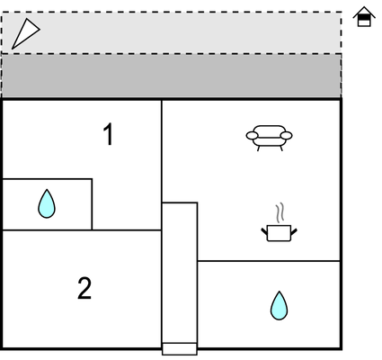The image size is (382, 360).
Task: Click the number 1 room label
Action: click(x=109, y=134)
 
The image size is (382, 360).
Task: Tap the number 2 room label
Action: click(x=84, y=288)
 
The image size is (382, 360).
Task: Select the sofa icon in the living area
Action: click(x=269, y=138)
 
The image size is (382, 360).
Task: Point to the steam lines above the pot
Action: click(x=280, y=213)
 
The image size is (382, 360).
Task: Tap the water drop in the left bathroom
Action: click(x=47, y=203)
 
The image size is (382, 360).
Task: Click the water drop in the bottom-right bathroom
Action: click(x=279, y=305)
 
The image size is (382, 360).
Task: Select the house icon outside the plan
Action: click(x=364, y=17)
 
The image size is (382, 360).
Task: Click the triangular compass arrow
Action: click(x=25, y=33)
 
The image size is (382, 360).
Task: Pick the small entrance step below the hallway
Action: click(x=180, y=348)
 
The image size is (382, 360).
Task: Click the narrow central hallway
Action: click(x=180, y=273)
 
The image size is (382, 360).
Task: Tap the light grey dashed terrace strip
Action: click(x=172, y=33)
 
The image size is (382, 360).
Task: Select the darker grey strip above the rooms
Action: click(x=172, y=76)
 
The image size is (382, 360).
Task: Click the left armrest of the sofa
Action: click(x=252, y=136)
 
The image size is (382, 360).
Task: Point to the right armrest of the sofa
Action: click(x=287, y=136)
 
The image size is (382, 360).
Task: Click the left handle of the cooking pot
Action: click(x=264, y=231)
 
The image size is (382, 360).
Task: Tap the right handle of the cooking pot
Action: click(x=294, y=231)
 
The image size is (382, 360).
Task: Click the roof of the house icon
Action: click(x=364, y=12)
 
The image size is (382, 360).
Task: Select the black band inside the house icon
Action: click(x=364, y=18)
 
